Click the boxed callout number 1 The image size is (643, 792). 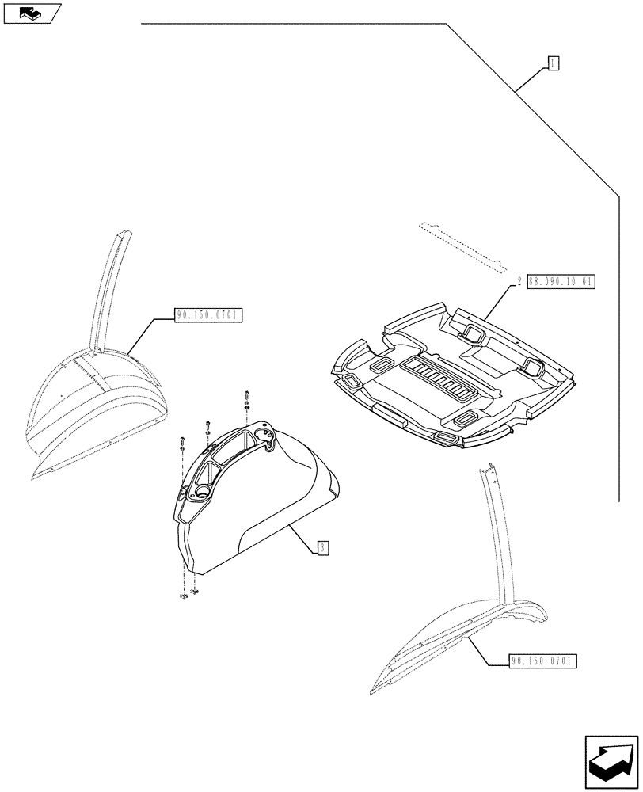553,63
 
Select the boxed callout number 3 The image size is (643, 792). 322,547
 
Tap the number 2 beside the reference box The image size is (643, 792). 519,281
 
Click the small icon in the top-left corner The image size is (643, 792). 31,13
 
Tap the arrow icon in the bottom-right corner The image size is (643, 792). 611,761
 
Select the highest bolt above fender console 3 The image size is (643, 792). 247,398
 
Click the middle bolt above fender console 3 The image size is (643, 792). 207,426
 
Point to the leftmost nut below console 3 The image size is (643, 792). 181,596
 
